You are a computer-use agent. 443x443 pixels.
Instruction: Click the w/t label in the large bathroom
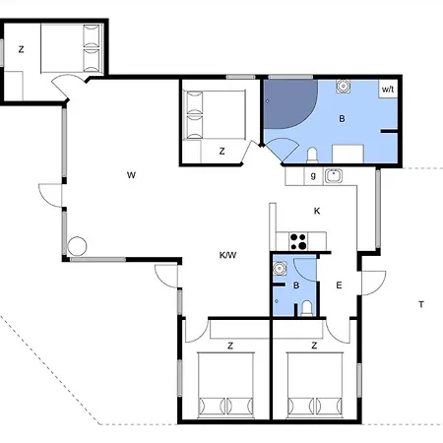point(388,89)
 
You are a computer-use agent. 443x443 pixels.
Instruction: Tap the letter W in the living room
point(131,175)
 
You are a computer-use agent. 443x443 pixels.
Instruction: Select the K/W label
point(227,255)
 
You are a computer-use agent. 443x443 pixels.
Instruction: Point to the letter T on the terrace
point(421,304)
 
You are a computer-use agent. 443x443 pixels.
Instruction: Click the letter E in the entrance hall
point(339,285)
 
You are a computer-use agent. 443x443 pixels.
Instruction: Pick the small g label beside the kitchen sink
point(313,176)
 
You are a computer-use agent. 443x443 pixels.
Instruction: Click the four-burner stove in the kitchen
point(298,241)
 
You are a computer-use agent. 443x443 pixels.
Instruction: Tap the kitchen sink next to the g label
point(334,176)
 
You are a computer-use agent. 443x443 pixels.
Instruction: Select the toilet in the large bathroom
point(312,156)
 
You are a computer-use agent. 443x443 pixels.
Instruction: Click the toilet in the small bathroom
point(307,308)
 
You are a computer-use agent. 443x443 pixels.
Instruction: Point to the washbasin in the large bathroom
point(344,87)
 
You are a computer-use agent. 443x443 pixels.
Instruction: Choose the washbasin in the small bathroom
point(280,269)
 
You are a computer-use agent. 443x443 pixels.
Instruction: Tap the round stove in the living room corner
point(77,246)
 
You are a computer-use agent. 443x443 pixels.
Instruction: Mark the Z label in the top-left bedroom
point(22,49)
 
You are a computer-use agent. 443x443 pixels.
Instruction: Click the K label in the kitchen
point(317,211)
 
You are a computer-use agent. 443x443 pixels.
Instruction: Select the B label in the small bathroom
point(296,285)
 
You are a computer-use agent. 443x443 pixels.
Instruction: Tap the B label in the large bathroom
point(342,118)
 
